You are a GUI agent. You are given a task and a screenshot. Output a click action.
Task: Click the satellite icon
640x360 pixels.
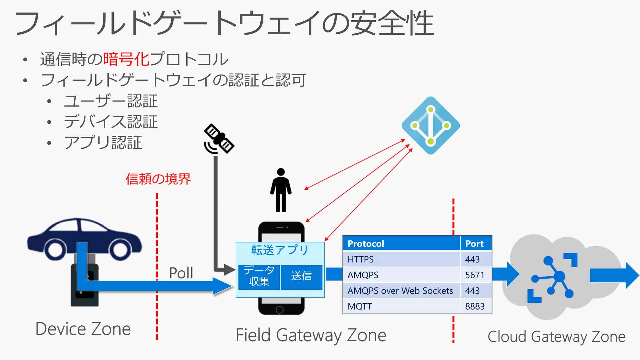[x=219, y=139]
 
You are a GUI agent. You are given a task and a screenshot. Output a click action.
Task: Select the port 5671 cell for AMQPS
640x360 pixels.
[x=475, y=275]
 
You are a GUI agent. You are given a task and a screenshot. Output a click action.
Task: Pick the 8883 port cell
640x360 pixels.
[x=475, y=306]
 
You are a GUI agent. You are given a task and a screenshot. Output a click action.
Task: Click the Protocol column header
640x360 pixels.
[x=366, y=244]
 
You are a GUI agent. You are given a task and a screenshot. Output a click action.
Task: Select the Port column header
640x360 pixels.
[x=474, y=244]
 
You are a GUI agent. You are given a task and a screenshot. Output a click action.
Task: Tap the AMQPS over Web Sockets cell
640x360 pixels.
[x=400, y=291]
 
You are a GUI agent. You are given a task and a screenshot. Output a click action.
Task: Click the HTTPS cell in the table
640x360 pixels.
[x=361, y=259]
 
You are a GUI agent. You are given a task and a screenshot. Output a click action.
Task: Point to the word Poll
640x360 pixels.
[x=181, y=273]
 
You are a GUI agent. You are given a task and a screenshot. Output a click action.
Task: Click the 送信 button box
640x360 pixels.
[x=302, y=276]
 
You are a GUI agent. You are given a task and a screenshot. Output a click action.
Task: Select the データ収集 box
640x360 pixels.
[x=259, y=276]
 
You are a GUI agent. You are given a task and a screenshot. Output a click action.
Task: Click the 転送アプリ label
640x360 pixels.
[x=280, y=250]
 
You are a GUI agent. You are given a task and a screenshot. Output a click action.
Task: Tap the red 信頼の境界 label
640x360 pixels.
[x=158, y=179]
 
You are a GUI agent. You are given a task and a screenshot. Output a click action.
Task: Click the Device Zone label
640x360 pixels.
[x=83, y=329]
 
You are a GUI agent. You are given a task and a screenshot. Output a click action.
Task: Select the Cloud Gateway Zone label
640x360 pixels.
[x=556, y=337]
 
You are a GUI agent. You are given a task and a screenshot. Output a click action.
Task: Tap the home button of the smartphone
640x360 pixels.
[x=280, y=310]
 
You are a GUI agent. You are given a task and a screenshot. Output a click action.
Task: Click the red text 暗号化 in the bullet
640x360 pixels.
[x=126, y=59]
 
